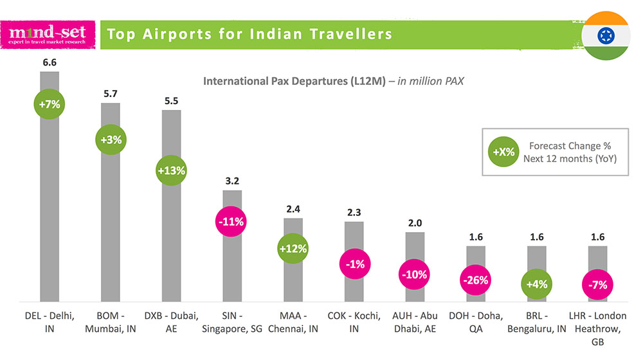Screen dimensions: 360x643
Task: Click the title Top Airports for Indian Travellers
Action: tap(249, 33)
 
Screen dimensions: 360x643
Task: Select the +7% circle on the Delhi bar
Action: tap(50, 104)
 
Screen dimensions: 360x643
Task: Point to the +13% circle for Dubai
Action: tap(171, 170)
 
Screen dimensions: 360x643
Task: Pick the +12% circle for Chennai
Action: tap(293, 248)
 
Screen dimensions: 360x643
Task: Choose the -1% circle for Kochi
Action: tap(354, 264)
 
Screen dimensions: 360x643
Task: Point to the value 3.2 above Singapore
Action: tap(231, 181)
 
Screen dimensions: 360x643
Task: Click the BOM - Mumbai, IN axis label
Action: tap(111, 322)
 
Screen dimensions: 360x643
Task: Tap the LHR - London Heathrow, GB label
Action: tap(598, 329)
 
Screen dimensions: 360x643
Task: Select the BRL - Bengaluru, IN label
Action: tap(537, 322)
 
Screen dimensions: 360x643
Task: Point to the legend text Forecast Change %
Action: tap(565, 145)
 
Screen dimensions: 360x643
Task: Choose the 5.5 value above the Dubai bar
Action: tap(171, 101)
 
